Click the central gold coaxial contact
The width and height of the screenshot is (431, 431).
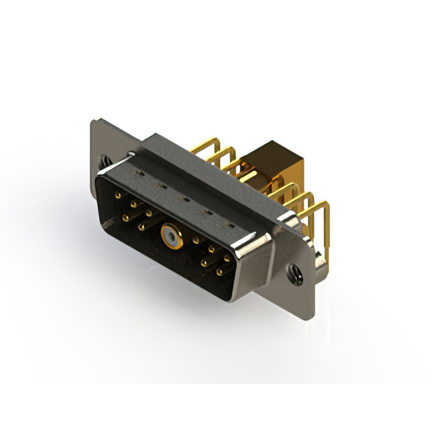pos(169,236)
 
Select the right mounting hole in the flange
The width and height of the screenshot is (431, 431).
pos(294,272)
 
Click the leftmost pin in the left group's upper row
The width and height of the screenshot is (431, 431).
pos(119,196)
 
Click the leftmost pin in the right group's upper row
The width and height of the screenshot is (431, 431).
pos(196,240)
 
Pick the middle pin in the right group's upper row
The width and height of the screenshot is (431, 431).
pos(211,249)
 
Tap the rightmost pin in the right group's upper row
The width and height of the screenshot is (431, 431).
pos(227,258)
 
